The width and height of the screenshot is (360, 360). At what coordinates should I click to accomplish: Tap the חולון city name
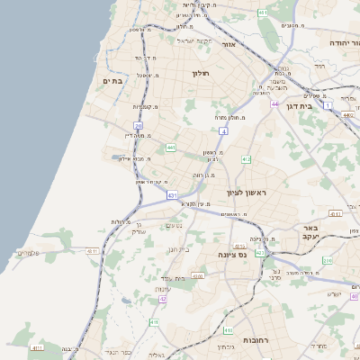pos(200,73)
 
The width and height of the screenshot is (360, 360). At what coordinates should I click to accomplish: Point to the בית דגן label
pos(297,106)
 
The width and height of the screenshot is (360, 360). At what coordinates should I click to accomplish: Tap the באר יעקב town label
pos(311,233)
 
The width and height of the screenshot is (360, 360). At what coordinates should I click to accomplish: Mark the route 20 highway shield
pos(138,125)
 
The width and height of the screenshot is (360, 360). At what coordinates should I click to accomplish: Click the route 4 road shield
pos(222,130)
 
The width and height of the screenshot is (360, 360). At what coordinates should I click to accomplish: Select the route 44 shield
pos(274,104)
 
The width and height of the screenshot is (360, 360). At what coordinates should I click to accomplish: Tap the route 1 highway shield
pos(328,106)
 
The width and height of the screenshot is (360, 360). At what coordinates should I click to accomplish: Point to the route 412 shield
pos(247,159)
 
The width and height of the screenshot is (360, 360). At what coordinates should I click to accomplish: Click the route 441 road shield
pos(170,148)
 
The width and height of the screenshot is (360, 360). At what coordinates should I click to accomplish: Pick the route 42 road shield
pos(163,299)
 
